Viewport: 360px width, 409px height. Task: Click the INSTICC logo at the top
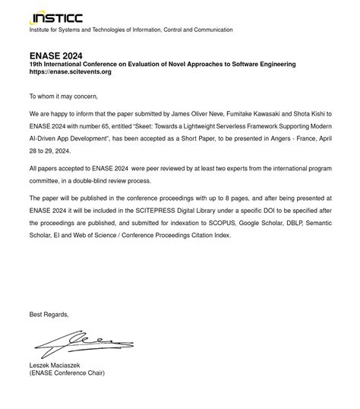55,18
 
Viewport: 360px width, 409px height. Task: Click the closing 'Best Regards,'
49,315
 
